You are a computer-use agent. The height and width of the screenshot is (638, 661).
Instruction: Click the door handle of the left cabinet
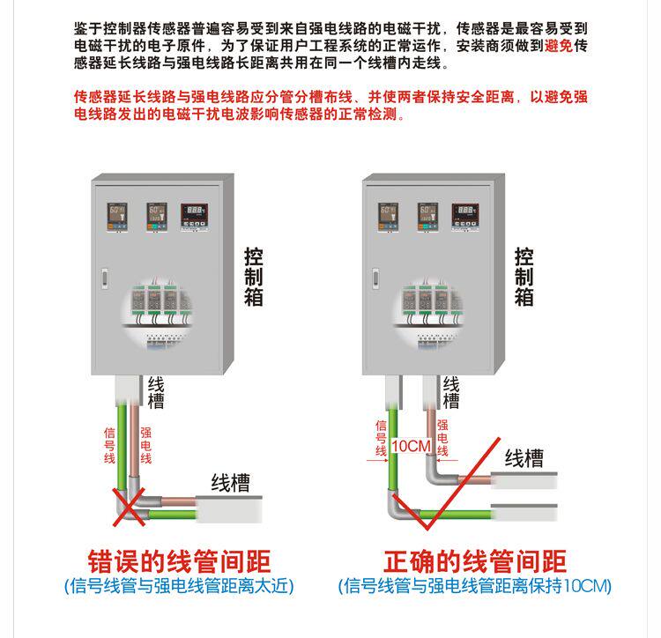click(x=102, y=276)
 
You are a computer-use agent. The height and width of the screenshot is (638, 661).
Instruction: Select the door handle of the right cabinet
click(x=373, y=276)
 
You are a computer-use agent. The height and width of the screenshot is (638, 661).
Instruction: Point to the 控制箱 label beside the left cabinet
click(x=254, y=276)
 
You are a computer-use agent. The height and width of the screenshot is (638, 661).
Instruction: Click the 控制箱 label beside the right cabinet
click(x=524, y=276)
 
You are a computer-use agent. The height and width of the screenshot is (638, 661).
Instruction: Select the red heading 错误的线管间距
click(x=179, y=561)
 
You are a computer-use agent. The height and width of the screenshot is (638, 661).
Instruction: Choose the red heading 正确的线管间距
click(x=475, y=561)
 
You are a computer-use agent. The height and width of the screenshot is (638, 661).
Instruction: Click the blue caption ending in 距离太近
click(x=179, y=586)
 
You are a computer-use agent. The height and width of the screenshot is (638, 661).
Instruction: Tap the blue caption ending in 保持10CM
click(x=475, y=586)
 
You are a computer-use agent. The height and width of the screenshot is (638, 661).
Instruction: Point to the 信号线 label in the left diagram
click(x=110, y=446)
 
